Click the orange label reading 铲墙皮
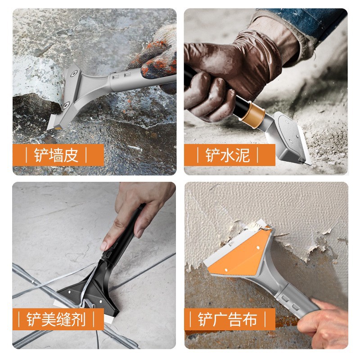point(58,155)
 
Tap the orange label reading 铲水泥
point(229,155)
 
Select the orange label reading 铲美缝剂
point(58,319)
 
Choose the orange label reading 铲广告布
point(229,319)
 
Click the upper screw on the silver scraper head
point(74,74)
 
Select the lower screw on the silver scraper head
point(67,105)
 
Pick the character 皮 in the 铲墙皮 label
point(71,155)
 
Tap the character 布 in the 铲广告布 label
point(250,319)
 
